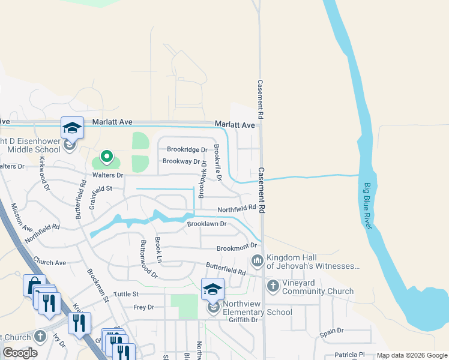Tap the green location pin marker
[x=107, y=157]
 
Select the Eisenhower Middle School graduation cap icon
[x=72, y=128]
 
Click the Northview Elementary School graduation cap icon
[x=212, y=289]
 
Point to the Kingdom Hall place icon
[x=258, y=260]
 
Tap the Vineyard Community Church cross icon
[x=273, y=286]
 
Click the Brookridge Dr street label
[x=187, y=150]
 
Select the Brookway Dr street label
[x=181, y=161]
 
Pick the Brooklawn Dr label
[x=206, y=224]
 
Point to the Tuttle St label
[x=126, y=294]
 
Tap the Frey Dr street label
[x=143, y=307]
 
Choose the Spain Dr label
[x=331, y=331]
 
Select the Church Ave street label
[x=50, y=262]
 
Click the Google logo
[x=20, y=353]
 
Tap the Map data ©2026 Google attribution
[x=411, y=355]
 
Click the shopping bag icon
[x=33, y=285]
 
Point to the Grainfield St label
[x=101, y=188]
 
